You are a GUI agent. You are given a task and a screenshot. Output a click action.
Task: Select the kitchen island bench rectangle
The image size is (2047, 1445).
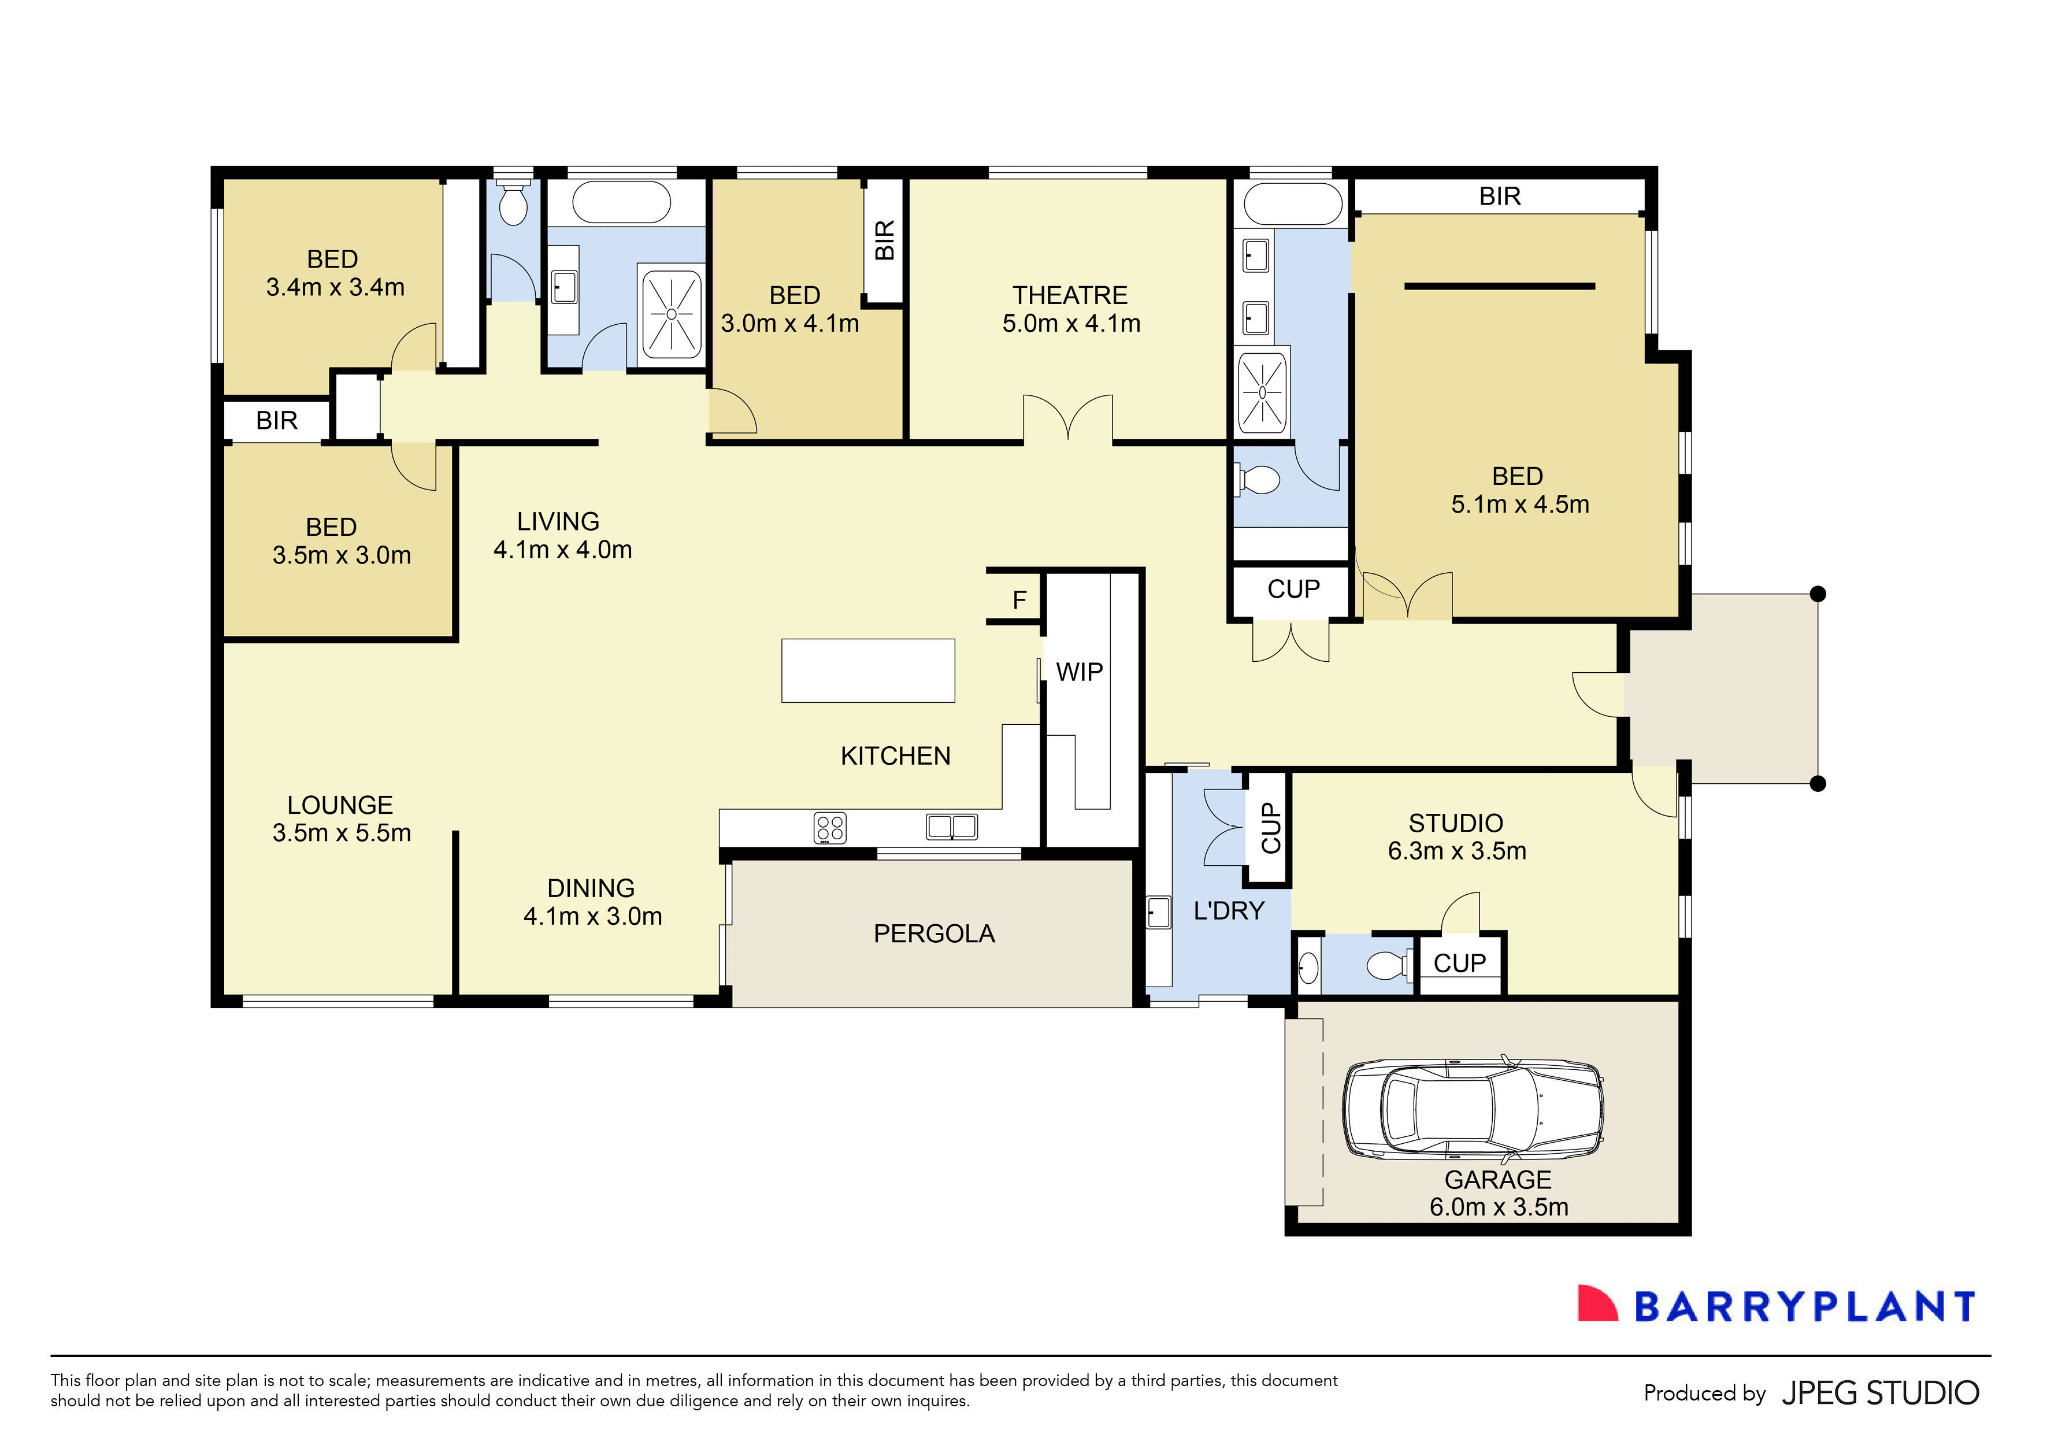867,670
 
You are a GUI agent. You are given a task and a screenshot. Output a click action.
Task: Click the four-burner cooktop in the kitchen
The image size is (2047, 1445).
830,828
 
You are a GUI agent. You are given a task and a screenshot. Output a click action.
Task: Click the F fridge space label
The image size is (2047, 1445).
1019,600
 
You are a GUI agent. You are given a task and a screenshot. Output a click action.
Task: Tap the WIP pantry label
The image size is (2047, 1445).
1079,672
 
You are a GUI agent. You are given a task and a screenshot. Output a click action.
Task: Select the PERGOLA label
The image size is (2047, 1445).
933,933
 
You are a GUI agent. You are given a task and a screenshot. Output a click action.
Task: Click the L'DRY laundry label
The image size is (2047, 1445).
1229,910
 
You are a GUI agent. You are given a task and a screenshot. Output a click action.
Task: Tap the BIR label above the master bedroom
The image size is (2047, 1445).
1500,196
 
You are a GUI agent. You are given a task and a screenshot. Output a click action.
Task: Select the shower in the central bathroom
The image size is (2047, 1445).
670,314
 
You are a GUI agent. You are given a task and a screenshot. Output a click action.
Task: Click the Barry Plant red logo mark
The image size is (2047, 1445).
1597,1303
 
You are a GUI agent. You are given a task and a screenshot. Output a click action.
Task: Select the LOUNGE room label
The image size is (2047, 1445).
340,805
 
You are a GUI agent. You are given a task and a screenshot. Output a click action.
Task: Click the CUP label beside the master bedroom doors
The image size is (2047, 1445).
1293,589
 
